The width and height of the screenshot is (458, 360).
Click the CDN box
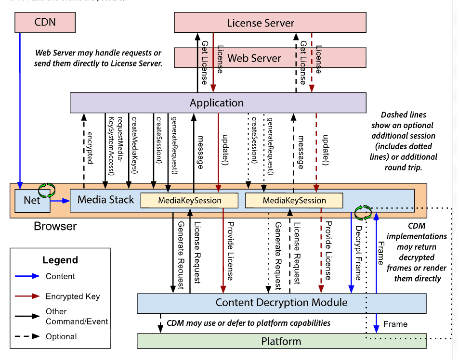tap(45, 22)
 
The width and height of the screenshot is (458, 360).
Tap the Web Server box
tap(254, 58)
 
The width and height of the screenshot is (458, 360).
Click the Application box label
tap(217, 103)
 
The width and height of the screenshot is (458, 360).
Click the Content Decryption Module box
tap(281, 303)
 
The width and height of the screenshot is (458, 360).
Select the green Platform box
tap(281, 342)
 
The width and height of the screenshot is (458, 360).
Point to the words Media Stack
tap(106, 200)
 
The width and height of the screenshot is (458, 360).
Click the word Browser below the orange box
tap(55, 226)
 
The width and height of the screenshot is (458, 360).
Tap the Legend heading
tap(60, 260)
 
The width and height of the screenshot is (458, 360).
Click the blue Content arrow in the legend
tap(28, 276)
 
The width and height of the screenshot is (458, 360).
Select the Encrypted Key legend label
tap(73, 296)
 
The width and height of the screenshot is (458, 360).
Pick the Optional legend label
tap(61, 336)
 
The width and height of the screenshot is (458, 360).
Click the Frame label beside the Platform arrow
tap(395, 324)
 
